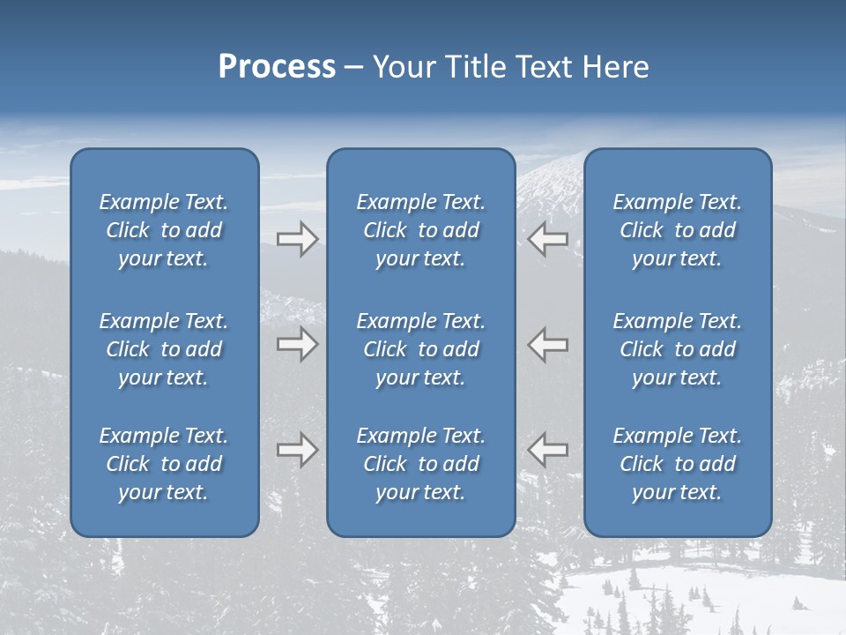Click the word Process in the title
point(277,67)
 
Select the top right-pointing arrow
point(297,239)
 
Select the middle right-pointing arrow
point(297,344)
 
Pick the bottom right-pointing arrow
point(297,450)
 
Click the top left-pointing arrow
point(547,239)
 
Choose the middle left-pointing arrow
point(547,344)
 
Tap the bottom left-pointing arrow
point(547,450)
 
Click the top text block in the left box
point(164,230)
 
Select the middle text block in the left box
point(164,349)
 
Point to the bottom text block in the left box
point(164,464)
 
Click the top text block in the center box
point(420,230)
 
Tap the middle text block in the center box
point(420,349)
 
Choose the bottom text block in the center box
point(420,464)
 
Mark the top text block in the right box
point(677,230)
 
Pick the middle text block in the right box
point(677,349)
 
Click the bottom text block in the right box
point(677,464)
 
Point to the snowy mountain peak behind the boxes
point(551,176)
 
